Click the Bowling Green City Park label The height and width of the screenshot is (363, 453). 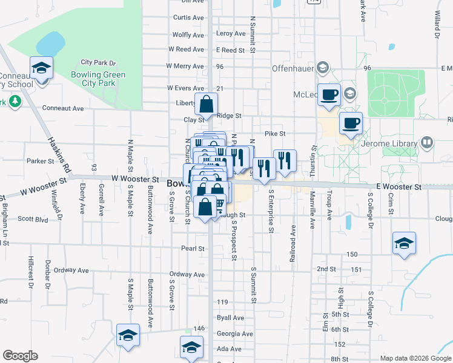pos(103,79)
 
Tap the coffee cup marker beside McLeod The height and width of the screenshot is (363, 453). pos(329,96)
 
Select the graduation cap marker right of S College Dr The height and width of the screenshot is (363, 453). pos(404,243)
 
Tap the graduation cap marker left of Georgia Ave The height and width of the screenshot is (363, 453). pos(128,335)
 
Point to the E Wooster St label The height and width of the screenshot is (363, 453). pos(398,188)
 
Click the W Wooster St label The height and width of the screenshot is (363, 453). pos(135,180)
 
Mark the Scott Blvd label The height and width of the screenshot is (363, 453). pos(33,219)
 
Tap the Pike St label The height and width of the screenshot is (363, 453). pos(274,133)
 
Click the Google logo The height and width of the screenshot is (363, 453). pos(20,356)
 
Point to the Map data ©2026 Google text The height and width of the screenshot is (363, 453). pos(415,358)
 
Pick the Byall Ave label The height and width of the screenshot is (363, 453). pos(230,318)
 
